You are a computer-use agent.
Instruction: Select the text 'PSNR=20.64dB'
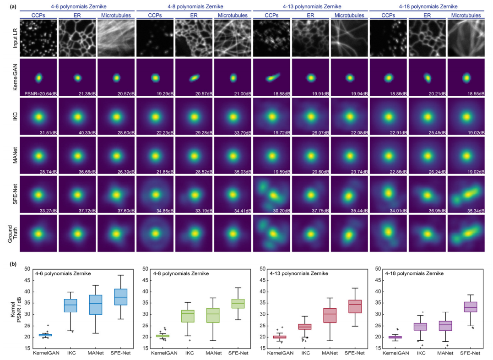click(40, 93)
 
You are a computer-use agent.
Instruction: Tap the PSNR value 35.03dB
click(241, 172)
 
